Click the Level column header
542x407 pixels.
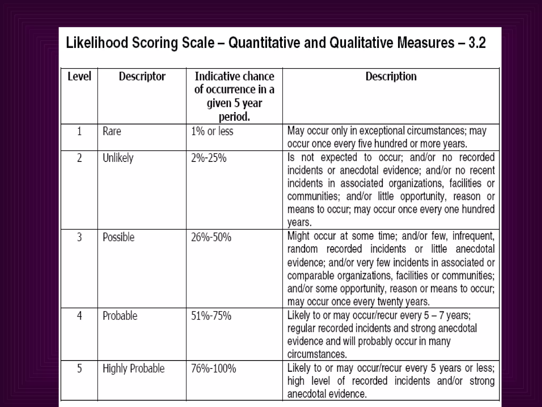click(x=79, y=77)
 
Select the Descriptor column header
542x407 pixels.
click(x=142, y=77)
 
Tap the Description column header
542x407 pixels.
click(x=391, y=77)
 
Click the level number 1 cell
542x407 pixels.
click(x=79, y=131)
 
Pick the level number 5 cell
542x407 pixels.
click(x=79, y=369)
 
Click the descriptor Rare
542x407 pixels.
click(x=112, y=131)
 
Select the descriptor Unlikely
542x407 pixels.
click(x=118, y=158)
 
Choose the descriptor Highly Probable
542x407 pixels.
click(x=134, y=369)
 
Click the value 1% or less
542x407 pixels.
click(x=212, y=131)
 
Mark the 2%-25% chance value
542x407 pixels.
click(x=209, y=158)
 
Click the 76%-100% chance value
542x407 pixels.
click(x=214, y=369)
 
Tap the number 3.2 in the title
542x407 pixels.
click(x=477, y=43)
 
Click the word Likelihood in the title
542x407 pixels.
click(x=97, y=43)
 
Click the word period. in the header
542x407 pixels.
click(x=234, y=117)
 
